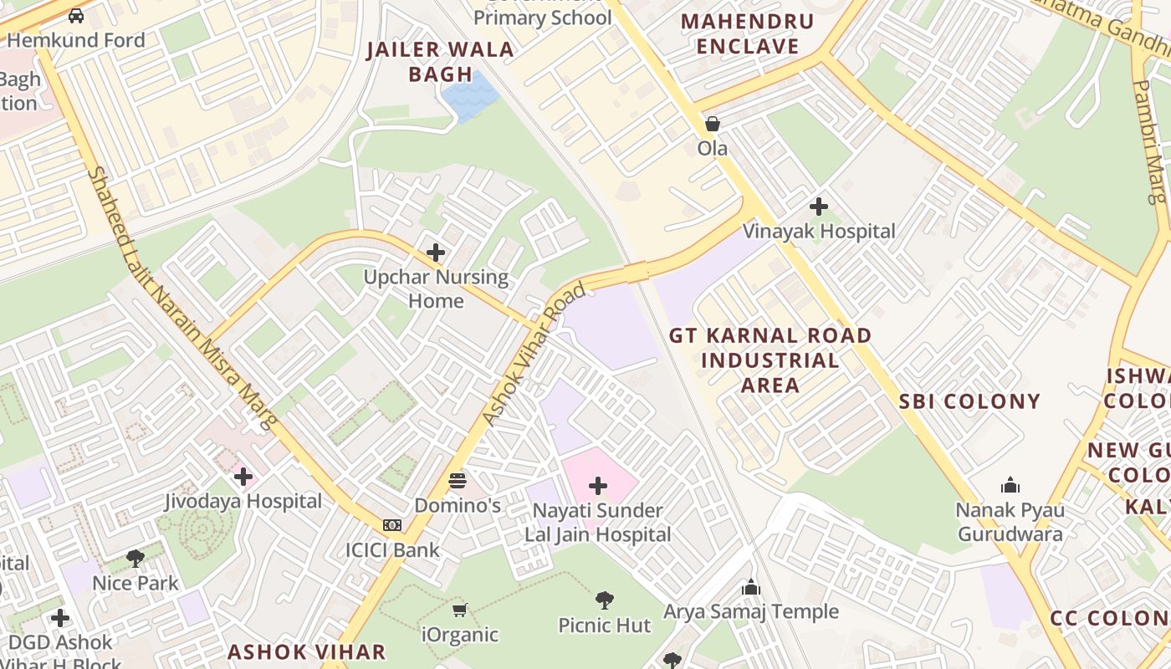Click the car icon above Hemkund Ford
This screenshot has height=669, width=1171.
tap(76, 16)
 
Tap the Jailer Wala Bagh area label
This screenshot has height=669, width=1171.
tap(440, 61)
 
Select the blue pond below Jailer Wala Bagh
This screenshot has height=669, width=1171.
tap(468, 94)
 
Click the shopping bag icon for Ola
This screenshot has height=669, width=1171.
tap(712, 125)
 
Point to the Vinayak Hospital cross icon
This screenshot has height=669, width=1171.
tap(819, 206)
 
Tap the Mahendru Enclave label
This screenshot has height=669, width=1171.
tap(747, 34)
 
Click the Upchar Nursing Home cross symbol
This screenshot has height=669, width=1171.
tap(436, 252)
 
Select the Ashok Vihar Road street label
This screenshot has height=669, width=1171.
tap(534, 355)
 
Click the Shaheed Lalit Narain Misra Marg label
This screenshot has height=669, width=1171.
tap(182, 299)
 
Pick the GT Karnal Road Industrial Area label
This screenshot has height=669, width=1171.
tap(770, 360)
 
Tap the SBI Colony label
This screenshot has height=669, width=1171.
tap(969, 401)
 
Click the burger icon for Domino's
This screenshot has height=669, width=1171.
tap(458, 481)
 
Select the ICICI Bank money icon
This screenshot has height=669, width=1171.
tap(392, 525)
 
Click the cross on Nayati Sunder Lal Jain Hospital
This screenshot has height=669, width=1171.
tap(598, 486)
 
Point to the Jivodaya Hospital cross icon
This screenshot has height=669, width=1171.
tap(243, 477)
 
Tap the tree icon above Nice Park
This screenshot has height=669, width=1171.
tap(136, 559)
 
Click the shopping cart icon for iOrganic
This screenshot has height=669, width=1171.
tap(459, 610)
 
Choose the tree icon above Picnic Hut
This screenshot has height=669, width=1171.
tap(604, 600)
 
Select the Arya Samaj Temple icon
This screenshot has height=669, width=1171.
tap(750, 587)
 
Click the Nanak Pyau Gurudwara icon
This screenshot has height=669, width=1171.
tap(1010, 485)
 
